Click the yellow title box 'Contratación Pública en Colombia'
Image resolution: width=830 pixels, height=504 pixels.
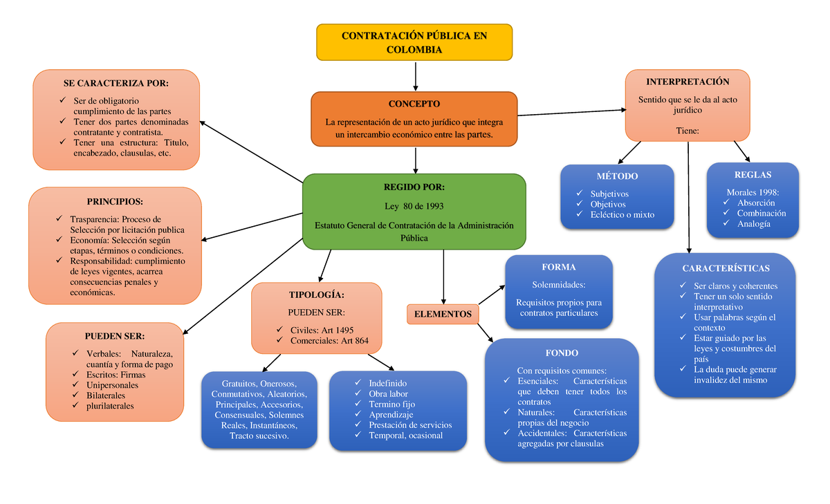click(x=414, y=42)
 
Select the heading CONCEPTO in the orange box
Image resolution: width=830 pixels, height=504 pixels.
click(x=414, y=104)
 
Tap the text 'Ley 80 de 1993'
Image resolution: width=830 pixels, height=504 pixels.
click(x=414, y=206)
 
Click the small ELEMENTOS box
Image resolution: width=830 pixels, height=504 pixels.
click(x=443, y=314)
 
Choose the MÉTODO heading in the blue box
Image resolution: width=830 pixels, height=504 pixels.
click(x=617, y=176)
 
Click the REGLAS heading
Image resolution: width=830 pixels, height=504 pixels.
click(x=753, y=174)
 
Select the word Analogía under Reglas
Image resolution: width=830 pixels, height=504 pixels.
click(x=753, y=223)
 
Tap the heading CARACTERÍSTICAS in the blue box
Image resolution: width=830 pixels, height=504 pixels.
click(x=726, y=268)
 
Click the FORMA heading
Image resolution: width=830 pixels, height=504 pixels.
click(x=559, y=267)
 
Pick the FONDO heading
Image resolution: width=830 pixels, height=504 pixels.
click(x=561, y=353)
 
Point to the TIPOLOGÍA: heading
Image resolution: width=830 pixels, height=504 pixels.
click(x=316, y=295)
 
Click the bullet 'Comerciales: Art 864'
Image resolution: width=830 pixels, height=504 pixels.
click(x=329, y=340)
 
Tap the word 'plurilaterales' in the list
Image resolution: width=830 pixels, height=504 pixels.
click(x=110, y=406)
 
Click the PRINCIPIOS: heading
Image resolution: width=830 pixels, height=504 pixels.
click(x=115, y=202)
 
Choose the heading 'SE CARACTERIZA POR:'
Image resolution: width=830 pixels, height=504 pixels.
click(x=116, y=83)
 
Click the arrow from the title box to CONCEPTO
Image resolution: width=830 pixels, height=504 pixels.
click(x=415, y=75)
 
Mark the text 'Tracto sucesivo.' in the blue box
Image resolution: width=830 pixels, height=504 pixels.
click(x=259, y=436)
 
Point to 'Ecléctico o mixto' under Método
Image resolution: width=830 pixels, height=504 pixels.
click(x=622, y=214)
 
